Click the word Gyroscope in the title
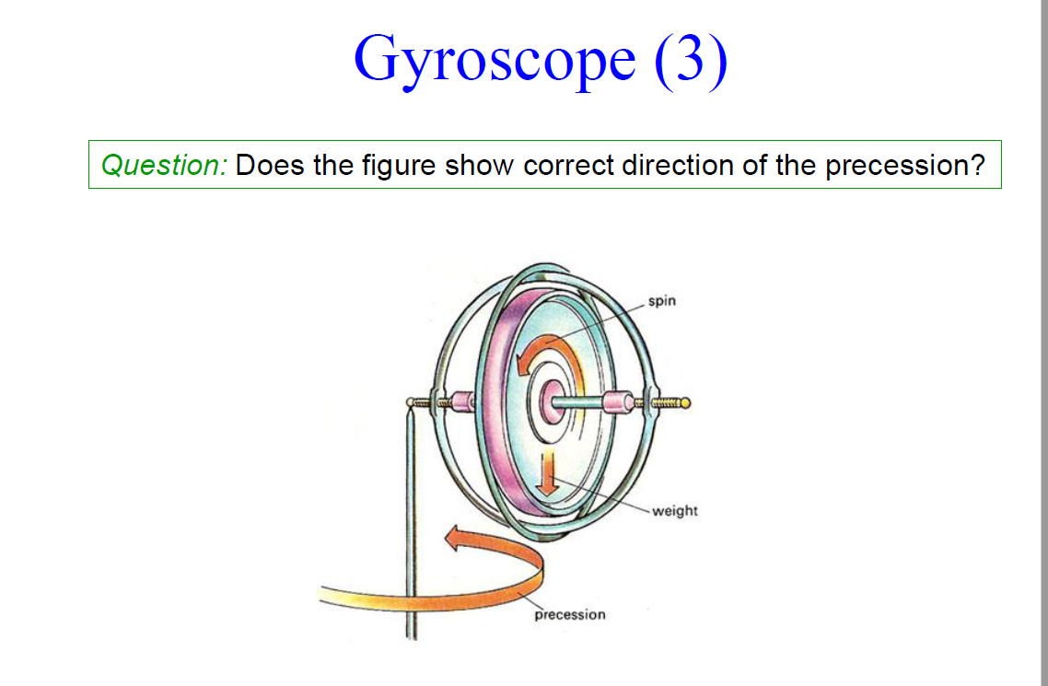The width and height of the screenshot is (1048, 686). pyautogui.click(x=494, y=59)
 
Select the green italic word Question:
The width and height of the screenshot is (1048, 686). pyautogui.click(x=164, y=166)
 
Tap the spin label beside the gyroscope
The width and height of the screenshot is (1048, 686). pyautogui.click(x=662, y=301)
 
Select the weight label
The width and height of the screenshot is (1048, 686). pyautogui.click(x=675, y=510)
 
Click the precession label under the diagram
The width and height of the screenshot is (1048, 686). pyautogui.click(x=570, y=614)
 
